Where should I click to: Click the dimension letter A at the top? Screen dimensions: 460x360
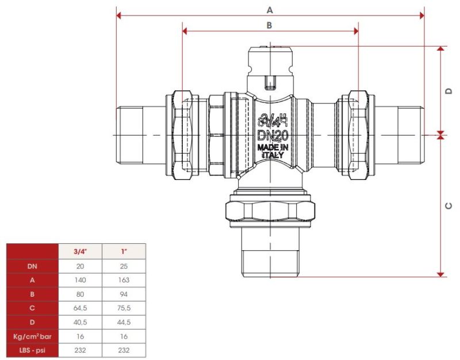pos(270,10)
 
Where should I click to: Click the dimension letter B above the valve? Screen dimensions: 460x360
pos(269,25)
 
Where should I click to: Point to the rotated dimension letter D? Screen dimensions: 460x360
pos(449,91)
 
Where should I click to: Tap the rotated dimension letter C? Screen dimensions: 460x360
pos(449,206)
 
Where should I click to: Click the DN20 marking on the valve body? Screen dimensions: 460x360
pos(273,136)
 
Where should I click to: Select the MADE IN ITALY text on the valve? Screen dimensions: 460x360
pos(273,151)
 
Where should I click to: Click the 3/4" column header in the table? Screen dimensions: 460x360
pos(80,251)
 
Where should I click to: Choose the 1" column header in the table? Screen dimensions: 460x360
pos(124,251)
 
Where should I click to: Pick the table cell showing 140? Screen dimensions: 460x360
pos(80,280)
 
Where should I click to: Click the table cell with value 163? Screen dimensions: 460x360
pos(124,280)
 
